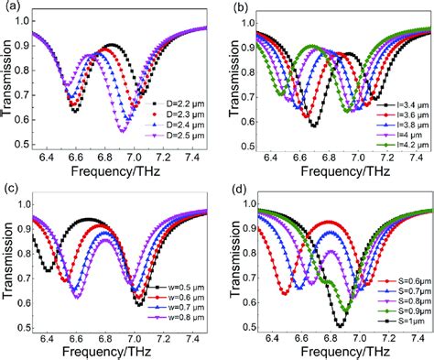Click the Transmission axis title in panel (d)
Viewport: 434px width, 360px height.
point(234,270)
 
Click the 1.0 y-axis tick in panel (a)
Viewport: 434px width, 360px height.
point(27,19)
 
